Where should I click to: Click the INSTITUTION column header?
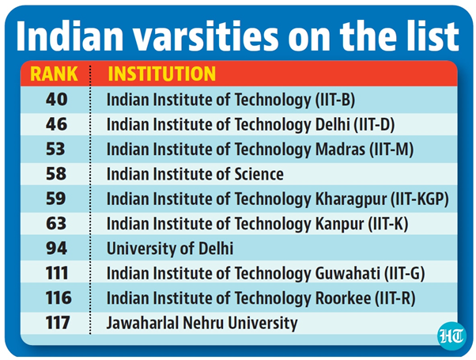click(x=161, y=74)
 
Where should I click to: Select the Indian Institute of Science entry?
click(x=195, y=173)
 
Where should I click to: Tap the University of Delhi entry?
click(x=170, y=248)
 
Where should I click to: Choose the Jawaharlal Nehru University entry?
click(x=202, y=323)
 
